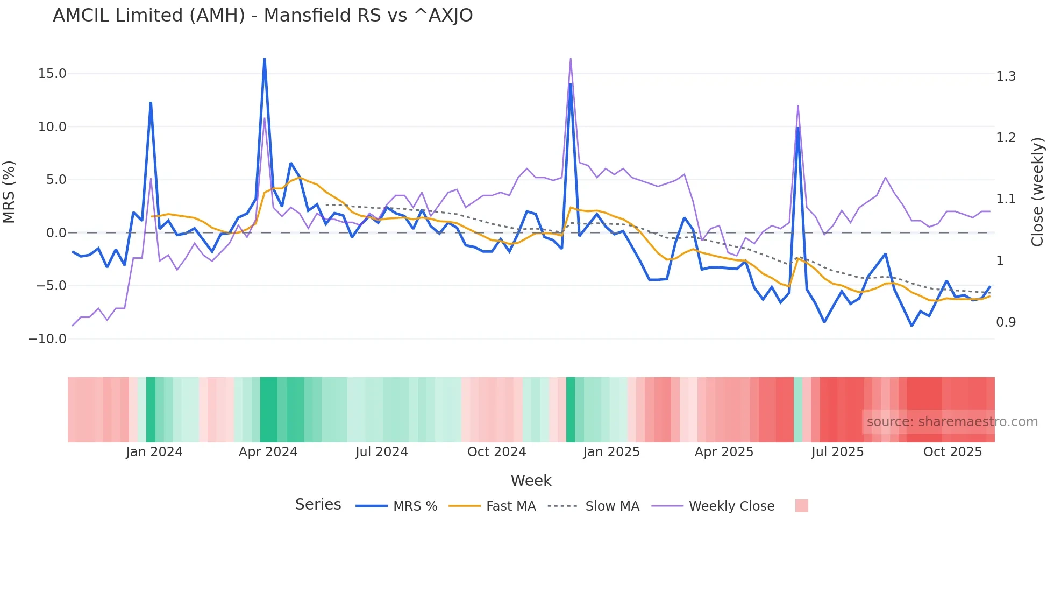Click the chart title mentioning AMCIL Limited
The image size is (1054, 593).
[x=262, y=16]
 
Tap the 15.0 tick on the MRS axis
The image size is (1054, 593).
[x=52, y=74]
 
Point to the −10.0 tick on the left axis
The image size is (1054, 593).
[x=47, y=339]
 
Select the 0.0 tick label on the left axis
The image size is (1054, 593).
[x=56, y=233]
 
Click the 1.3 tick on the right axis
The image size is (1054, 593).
[x=1006, y=76]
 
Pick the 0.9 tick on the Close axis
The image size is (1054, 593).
[x=1006, y=322]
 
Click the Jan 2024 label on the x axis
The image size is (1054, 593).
[x=154, y=452]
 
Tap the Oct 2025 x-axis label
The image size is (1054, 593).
[x=952, y=452]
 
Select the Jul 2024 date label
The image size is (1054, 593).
[x=381, y=452]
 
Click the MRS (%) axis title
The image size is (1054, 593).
[x=9, y=192]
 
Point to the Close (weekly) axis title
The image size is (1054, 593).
[x=1037, y=192]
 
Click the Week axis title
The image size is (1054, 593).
[x=531, y=481]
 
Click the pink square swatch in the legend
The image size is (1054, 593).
[x=801, y=506]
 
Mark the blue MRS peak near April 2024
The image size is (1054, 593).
[x=265, y=59]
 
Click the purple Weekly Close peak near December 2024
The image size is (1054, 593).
[x=571, y=59]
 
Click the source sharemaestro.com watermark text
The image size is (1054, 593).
[x=952, y=422]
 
